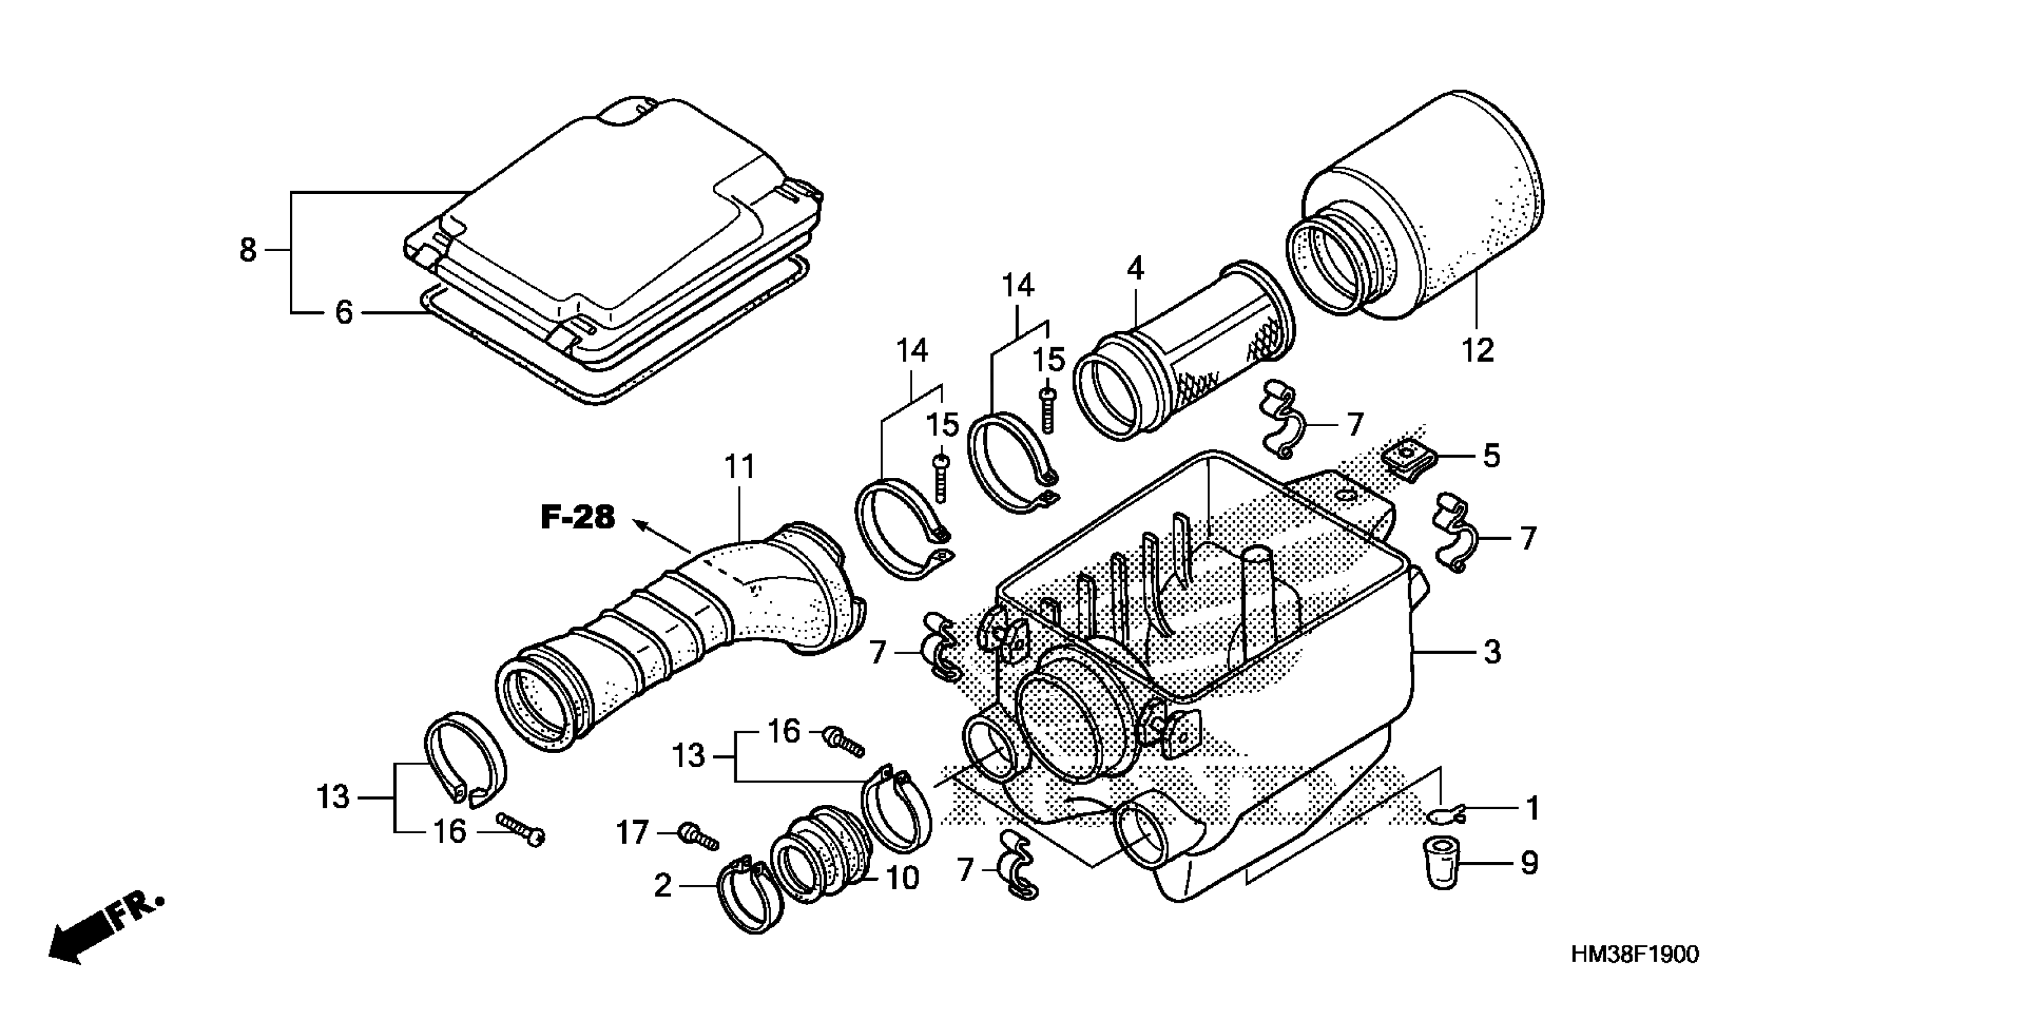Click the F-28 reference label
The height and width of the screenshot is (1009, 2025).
click(x=578, y=518)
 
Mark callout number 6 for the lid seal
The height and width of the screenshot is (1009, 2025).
click(x=343, y=313)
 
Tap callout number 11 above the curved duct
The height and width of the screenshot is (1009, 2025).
click(x=739, y=467)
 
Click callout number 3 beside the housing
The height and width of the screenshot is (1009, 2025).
click(x=1491, y=652)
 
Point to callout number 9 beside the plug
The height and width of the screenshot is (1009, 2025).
click(x=1528, y=863)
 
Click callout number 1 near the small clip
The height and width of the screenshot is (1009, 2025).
click(x=1532, y=808)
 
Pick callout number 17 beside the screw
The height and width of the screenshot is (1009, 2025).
click(x=631, y=832)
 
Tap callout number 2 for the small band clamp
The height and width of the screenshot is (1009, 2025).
click(x=663, y=886)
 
